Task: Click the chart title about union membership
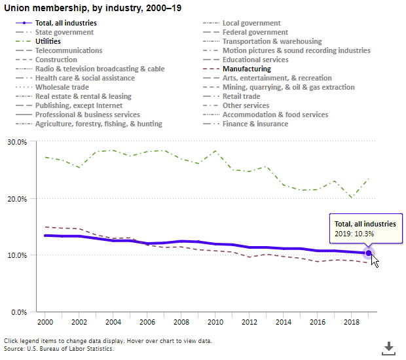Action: point(93,9)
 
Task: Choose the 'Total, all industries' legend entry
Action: point(65,23)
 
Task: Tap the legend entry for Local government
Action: point(251,23)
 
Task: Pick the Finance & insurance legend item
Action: point(255,124)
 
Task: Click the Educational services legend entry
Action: point(255,60)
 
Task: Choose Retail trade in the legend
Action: point(241,96)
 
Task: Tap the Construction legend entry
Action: point(56,60)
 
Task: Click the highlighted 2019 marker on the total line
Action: point(369,253)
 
